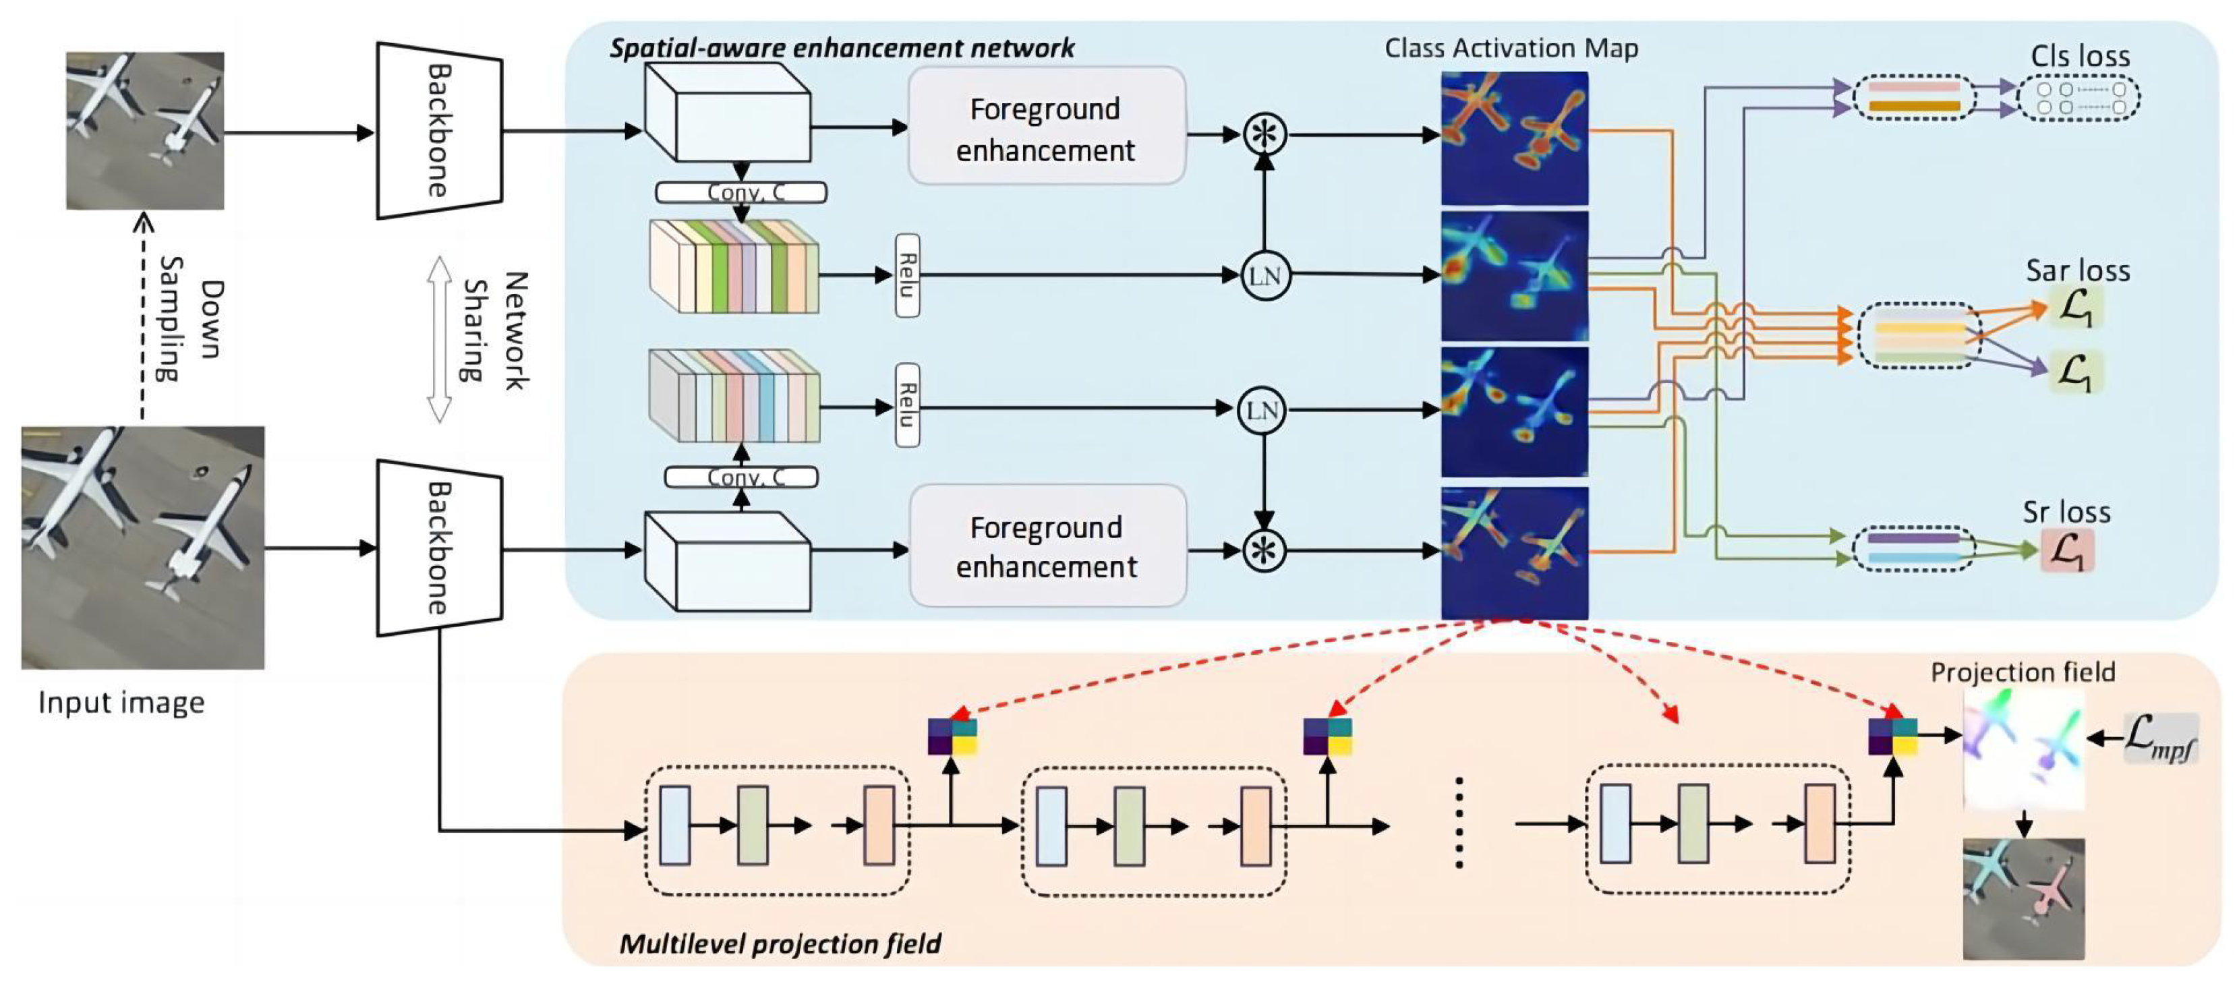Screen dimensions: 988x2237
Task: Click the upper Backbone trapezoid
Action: (438, 130)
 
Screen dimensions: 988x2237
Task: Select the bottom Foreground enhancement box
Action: (1047, 546)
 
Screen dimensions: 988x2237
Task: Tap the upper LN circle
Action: (1264, 276)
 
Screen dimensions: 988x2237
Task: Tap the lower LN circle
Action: (1261, 411)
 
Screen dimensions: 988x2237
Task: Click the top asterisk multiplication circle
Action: (1264, 135)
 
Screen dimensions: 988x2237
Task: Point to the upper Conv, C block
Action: (740, 192)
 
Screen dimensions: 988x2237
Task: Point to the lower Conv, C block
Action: (740, 477)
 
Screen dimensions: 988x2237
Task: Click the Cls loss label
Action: (2079, 57)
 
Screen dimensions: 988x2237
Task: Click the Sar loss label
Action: (2077, 271)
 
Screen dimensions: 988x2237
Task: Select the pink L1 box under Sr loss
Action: (2067, 551)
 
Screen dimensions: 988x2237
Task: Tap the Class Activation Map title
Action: (1511, 48)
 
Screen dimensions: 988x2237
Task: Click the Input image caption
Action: (121, 702)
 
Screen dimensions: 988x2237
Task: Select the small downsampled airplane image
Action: (145, 130)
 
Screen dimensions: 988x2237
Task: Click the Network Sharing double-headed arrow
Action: (440, 339)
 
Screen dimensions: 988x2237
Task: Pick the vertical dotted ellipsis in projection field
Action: (1459, 822)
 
